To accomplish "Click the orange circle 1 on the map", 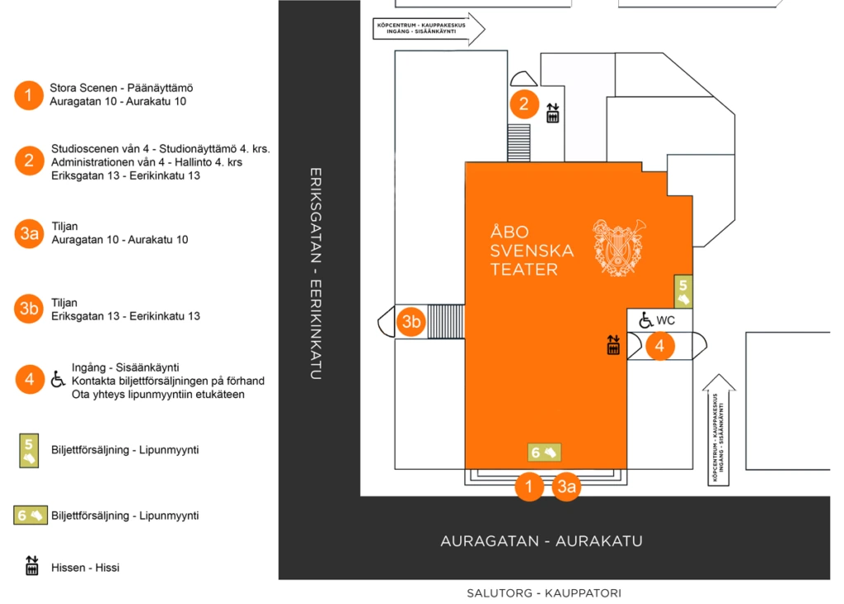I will coord(529,486).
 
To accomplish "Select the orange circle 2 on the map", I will coord(524,104).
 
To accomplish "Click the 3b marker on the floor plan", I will coord(411,322).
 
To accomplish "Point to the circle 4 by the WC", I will coord(660,345).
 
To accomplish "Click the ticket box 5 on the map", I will coord(682,291).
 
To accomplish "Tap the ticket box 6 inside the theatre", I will coord(545,452).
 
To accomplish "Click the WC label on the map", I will coord(666,320).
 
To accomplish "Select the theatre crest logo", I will coord(619,246).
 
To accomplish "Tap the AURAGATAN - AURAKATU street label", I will coord(541,541).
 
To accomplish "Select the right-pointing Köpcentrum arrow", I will coord(429,28).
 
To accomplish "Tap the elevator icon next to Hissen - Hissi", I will coord(32,566).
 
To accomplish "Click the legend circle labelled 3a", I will coord(29,233).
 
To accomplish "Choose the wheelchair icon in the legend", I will coord(59,379).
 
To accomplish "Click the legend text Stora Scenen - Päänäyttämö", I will coord(121,88).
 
